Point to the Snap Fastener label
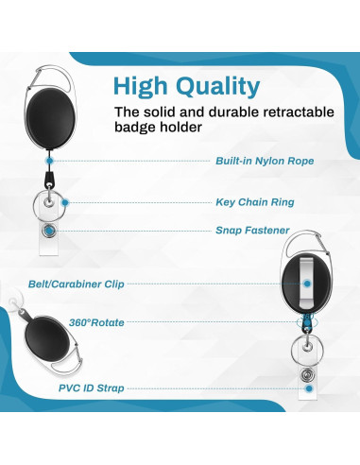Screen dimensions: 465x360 pos(251,230)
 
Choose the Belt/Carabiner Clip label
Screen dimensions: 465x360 pos(90,283)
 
